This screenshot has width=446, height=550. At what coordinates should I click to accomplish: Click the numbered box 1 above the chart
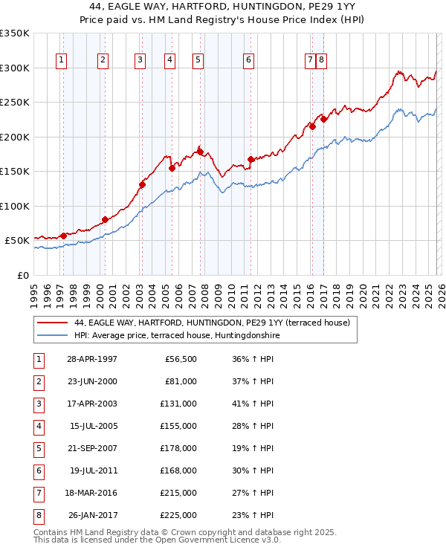[x=60, y=60]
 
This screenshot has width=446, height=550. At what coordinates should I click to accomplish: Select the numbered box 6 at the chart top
[x=248, y=60]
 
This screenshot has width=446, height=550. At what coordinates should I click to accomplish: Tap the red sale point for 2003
[x=142, y=185]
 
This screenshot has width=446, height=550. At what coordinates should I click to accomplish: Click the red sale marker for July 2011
[x=251, y=159]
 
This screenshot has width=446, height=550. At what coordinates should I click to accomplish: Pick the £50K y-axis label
[x=18, y=241]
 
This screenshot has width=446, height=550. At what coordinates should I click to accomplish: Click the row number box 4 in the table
[x=38, y=426]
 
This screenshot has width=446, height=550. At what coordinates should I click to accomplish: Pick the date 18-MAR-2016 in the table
[x=91, y=493]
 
